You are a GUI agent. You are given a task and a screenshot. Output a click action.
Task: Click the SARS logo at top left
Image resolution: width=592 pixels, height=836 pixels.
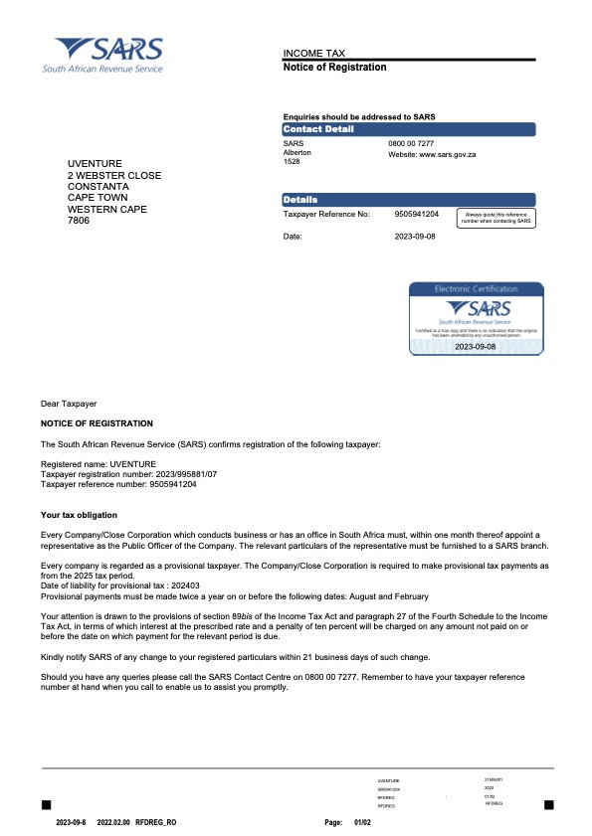[x=103, y=54]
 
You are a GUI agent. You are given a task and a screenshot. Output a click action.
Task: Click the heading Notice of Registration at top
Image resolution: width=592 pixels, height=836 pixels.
[x=334, y=67]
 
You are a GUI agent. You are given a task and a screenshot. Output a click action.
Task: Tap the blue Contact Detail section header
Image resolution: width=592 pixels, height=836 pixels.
[x=409, y=129]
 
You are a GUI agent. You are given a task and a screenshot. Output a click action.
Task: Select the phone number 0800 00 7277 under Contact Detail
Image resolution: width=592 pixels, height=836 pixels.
[x=410, y=144]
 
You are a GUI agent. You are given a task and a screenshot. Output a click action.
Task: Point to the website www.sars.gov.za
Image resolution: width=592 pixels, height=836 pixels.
[x=433, y=155]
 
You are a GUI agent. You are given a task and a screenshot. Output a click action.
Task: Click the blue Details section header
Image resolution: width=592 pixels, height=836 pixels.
[x=409, y=200]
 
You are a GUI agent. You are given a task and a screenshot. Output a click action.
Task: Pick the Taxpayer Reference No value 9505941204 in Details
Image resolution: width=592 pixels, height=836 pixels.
[x=417, y=214]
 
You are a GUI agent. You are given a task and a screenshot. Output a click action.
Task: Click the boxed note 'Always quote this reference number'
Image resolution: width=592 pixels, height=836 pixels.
[x=495, y=217]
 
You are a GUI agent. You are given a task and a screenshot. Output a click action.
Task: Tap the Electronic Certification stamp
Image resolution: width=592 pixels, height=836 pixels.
[x=476, y=318]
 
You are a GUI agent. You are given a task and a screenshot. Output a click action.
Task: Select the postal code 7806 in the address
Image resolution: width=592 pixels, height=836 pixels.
[x=79, y=220]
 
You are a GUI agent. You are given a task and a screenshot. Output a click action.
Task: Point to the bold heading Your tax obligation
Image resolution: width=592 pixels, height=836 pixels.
[x=79, y=515]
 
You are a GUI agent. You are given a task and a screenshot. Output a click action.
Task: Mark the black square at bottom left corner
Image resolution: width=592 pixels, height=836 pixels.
[x=45, y=803]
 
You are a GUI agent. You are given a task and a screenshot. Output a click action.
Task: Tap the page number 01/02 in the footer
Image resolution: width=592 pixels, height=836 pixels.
[x=362, y=823]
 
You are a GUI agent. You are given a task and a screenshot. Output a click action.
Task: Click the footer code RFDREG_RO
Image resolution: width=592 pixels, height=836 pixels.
[x=156, y=823]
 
